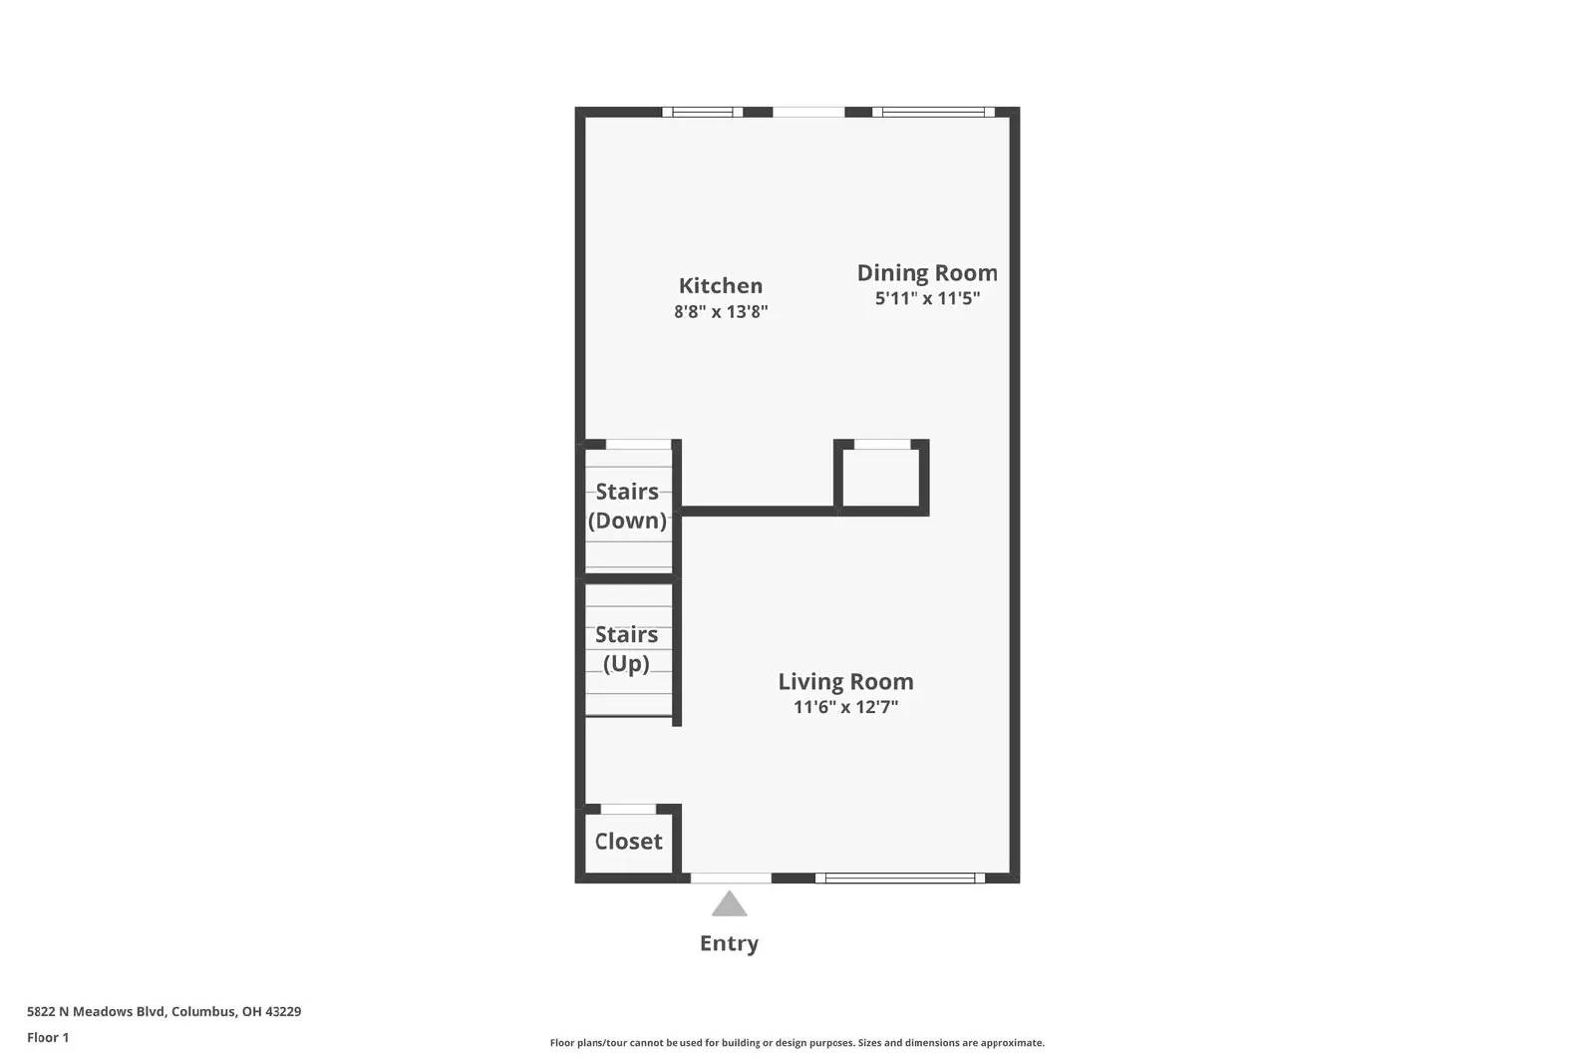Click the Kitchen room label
[x=720, y=286]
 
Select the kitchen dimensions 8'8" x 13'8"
[x=720, y=312]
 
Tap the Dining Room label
[x=926, y=273]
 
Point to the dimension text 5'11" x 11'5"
[x=926, y=298]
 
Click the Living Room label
[x=845, y=682]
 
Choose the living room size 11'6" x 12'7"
[x=845, y=707]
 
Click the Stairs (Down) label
[x=627, y=506]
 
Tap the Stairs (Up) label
[x=626, y=649]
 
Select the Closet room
[x=628, y=842]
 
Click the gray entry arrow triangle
[x=729, y=904]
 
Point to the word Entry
[x=729, y=943]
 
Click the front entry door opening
[x=731, y=879]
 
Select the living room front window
[x=899, y=879]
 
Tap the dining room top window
[x=933, y=112]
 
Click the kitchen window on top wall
[x=702, y=112]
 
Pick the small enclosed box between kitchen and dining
[x=881, y=479]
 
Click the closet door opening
[x=628, y=809]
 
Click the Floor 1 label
[x=48, y=1037]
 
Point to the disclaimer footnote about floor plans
[x=797, y=1043]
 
